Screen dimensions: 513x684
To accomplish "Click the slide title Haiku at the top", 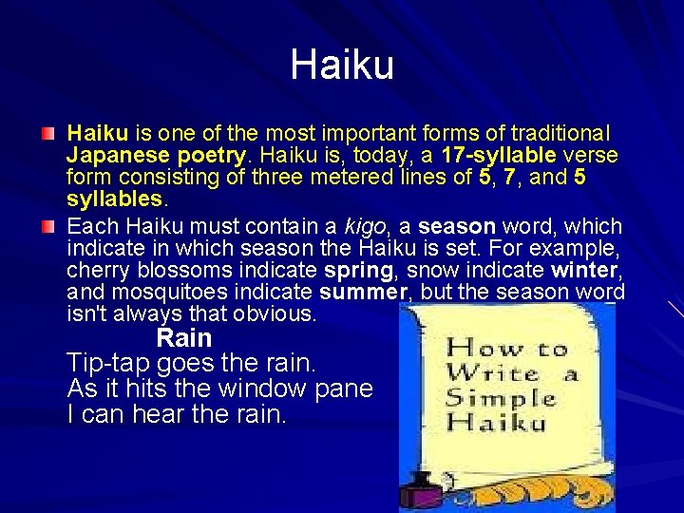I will [342, 66].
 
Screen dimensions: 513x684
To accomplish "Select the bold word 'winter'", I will [583, 270].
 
